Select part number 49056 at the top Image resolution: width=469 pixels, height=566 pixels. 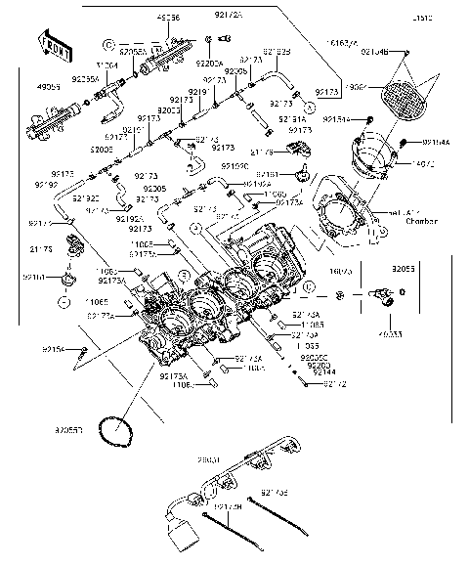tap(167, 19)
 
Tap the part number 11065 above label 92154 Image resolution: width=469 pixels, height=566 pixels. tap(95, 303)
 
